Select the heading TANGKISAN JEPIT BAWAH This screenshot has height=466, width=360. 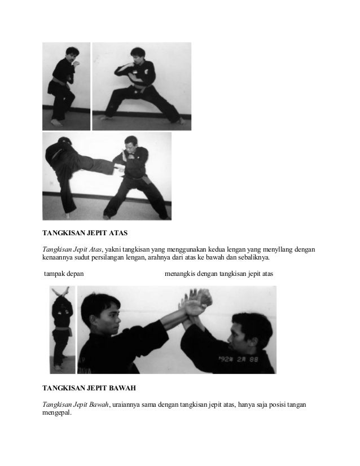89,389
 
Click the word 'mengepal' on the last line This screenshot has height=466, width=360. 58,412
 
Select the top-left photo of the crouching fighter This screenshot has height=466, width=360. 66,86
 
